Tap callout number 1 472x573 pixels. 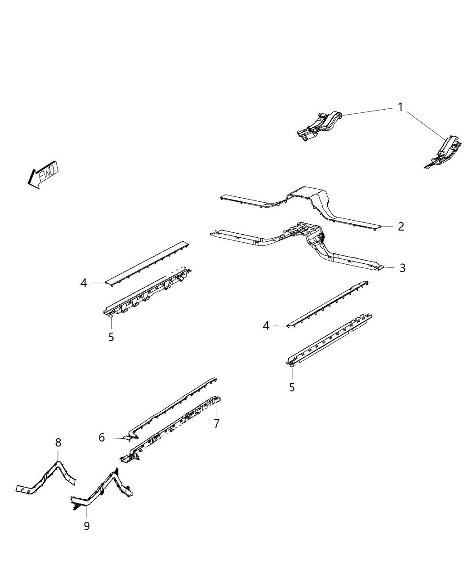[x=401, y=107]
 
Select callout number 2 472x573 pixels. [x=401, y=227]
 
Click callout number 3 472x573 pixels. [x=402, y=268]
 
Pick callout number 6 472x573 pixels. [x=102, y=437]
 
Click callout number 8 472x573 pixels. [x=58, y=442]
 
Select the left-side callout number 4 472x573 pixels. [x=84, y=283]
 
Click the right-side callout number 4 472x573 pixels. [x=266, y=326]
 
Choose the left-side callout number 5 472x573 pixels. [x=111, y=337]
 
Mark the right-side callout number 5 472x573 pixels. [x=292, y=387]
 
